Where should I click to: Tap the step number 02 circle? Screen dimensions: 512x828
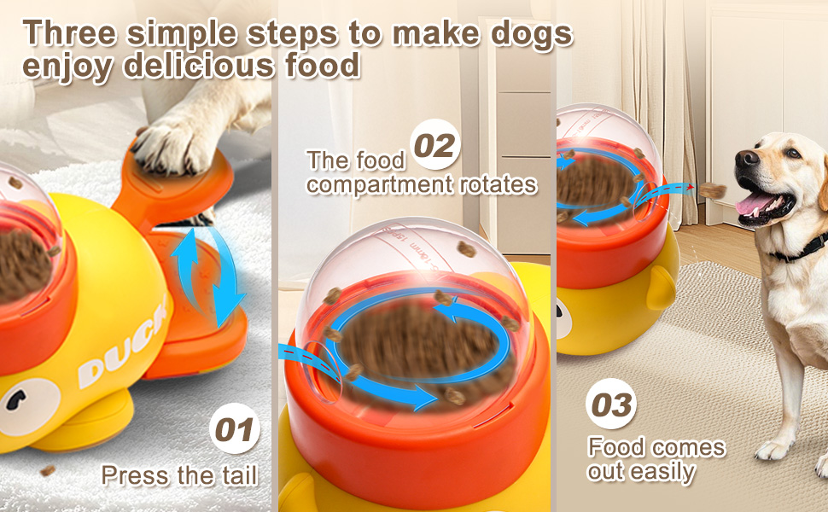point(435,145)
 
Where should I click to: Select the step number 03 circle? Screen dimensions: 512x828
point(611,404)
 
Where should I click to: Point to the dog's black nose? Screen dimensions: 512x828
point(746,158)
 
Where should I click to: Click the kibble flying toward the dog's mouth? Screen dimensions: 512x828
point(714,189)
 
